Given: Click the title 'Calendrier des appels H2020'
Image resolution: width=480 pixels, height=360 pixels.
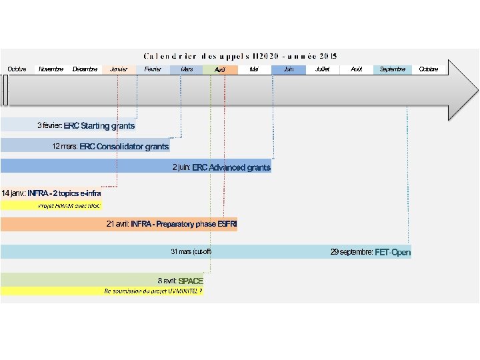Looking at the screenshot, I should click(240, 55).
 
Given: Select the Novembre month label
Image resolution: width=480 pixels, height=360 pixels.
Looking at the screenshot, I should click(51, 69).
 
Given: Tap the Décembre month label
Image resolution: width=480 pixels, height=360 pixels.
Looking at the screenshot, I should click(85, 69).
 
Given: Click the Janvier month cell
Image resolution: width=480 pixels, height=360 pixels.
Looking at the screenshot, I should click(119, 69).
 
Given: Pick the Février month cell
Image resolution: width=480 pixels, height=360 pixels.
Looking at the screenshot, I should click(153, 69).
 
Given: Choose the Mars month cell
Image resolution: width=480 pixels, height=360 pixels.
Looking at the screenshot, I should click(187, 69).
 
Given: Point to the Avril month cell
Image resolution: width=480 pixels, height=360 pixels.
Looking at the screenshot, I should click(221, 69).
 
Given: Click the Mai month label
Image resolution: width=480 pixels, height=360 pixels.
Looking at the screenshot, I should click(254, 69).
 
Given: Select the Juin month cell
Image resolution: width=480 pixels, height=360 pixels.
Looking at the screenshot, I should click(289, 69).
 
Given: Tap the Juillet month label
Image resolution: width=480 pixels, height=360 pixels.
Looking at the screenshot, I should click(322, 69).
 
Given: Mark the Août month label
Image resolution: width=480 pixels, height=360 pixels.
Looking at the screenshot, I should click(357, 69).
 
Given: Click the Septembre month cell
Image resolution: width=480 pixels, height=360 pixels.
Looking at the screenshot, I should click(392, 69).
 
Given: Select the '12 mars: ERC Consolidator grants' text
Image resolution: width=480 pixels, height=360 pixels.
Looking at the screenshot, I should click(111, 147).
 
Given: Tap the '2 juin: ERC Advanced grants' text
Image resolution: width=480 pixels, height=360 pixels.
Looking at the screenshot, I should click(221, 168).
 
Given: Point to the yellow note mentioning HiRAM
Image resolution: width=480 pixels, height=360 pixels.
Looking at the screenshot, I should click(69, 206).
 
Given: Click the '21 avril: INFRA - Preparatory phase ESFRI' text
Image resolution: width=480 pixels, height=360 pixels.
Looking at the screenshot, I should click(171, 224).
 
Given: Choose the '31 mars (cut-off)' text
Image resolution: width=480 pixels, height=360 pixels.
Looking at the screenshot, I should click(191, 252).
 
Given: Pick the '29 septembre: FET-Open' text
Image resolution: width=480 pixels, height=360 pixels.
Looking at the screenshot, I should click(371, 252).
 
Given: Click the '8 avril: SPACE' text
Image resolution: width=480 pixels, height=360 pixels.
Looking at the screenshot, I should click(180, 281).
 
